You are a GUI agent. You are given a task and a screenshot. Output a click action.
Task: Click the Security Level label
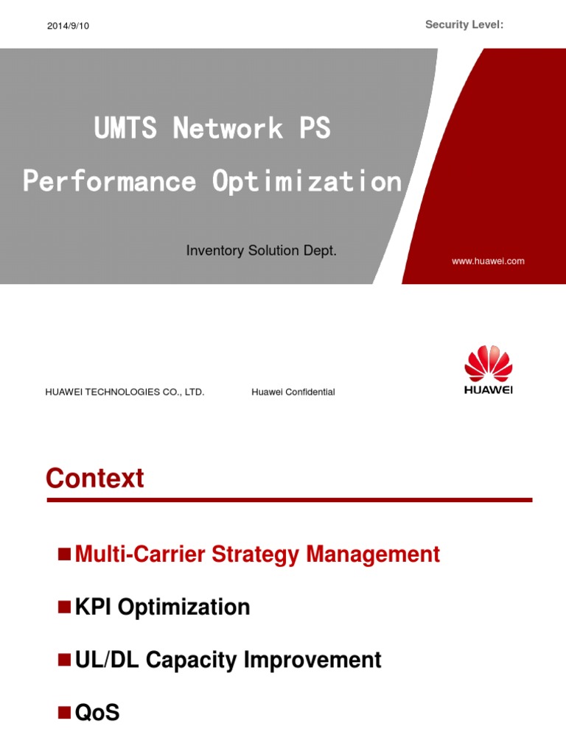point(464,25)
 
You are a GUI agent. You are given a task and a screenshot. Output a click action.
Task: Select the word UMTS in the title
point(125,129)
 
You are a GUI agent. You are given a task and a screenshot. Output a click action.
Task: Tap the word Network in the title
point(228,129)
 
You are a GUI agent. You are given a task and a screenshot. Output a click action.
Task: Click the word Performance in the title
point(110,181)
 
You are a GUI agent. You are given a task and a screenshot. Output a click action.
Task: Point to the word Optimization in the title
point(307,181)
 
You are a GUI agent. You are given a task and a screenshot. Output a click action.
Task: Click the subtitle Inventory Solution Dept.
point(262,251)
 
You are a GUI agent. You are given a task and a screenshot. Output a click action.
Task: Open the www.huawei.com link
point(489,261)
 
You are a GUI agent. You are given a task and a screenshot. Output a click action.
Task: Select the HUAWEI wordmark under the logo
point(488,390)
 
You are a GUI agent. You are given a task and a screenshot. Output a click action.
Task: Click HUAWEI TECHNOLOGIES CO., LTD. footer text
point(125,392)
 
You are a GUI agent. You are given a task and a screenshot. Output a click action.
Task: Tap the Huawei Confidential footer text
point(293,392)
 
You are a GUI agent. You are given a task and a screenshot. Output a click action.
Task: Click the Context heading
point(95,479)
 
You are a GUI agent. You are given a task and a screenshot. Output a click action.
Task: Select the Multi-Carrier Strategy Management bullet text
point(258,554)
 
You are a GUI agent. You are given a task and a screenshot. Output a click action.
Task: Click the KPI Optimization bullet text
point(163,607)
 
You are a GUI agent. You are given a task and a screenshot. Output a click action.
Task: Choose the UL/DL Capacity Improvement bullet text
point(228,660)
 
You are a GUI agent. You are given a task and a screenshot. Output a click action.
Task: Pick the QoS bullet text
point(97,713)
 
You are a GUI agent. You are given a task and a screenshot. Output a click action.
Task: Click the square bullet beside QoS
point(64,712)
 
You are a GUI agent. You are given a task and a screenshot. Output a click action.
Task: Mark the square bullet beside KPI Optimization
point(64,606)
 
